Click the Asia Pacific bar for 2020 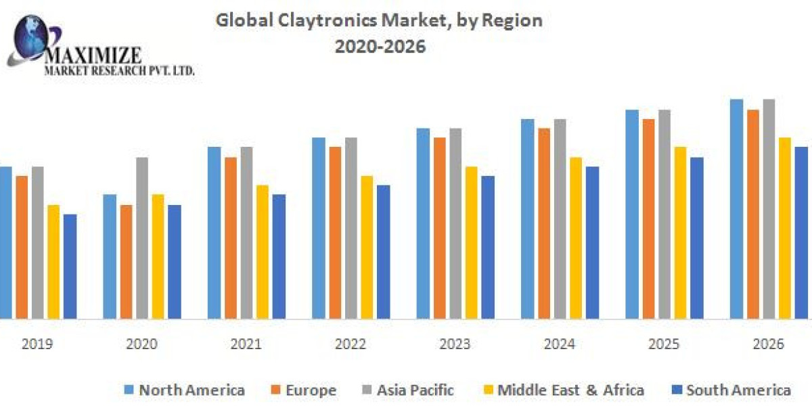pyautogui.click(x=142, y=238)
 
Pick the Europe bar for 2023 pyautogui.click(x=440, y=227)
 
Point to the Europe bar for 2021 pyautogui.click(x=231, y=238)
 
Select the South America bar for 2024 pyautogui.click(x=592, y=242)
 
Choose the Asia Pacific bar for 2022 pyautogui.click(x=351, y=227)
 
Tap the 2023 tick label pyautogui.click(x=455, y=344)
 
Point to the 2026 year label pyautogui.click(x=768, y=344)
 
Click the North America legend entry pyautogui.click(x=184, y=390)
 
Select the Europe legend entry pyautogui.click(x=302, y=390)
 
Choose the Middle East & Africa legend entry pyautogui.click(x=562, y=390)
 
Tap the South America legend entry pyautogui.click(x=731, y=390)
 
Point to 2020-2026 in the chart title pyautogui.click(x=378, y=48)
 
